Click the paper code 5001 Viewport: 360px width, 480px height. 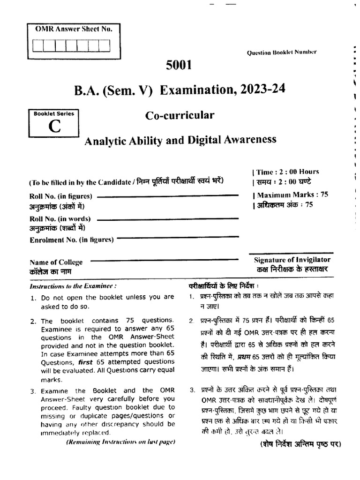click(179, 65)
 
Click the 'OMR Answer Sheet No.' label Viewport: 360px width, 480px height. click(74, 29)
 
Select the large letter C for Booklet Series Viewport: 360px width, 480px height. click(54, 127)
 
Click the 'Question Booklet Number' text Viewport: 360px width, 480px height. click(282, 52)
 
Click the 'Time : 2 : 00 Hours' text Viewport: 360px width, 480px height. click(288, 172)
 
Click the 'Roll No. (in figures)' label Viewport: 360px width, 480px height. click(60, 196)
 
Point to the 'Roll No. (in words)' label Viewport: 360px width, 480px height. click(60, 219)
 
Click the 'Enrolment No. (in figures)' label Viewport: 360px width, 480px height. click(71, 240)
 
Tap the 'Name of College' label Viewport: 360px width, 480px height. click(56, 262)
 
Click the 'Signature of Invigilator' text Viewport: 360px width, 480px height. click(292, 259)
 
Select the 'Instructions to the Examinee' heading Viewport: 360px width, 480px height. click(73, 285)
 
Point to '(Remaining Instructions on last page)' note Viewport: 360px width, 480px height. click(120, 442)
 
